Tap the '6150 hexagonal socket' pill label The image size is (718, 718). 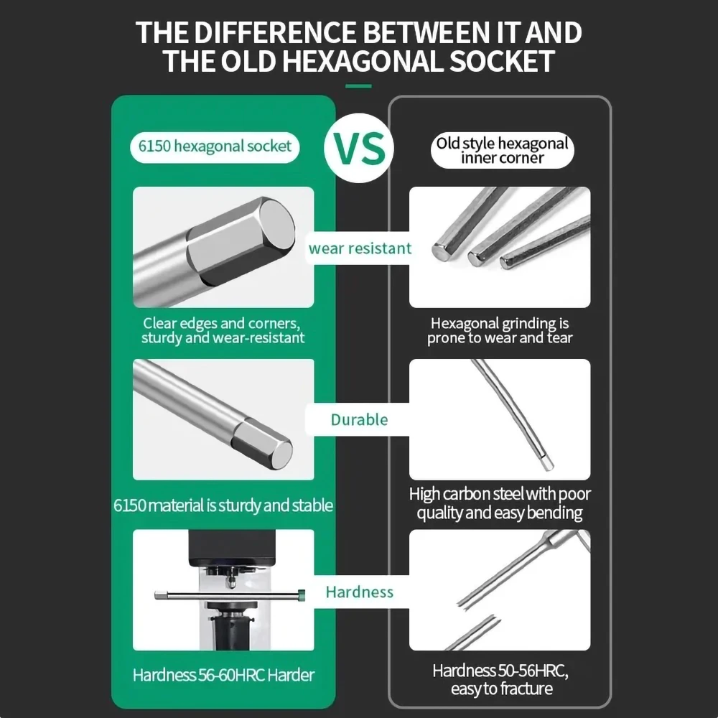215,146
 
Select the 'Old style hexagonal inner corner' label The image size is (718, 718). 502,150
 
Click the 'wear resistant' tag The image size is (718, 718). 360,249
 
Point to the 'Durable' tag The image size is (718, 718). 359,420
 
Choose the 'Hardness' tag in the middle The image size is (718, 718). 359,592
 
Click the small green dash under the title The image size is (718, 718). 359,86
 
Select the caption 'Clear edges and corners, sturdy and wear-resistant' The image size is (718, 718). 223,330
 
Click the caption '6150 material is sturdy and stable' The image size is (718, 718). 223,505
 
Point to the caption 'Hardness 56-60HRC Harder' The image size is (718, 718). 223,675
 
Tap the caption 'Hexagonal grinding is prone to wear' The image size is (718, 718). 500,330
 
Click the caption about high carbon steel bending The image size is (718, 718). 500,503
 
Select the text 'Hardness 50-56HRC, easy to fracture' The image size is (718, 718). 500,680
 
